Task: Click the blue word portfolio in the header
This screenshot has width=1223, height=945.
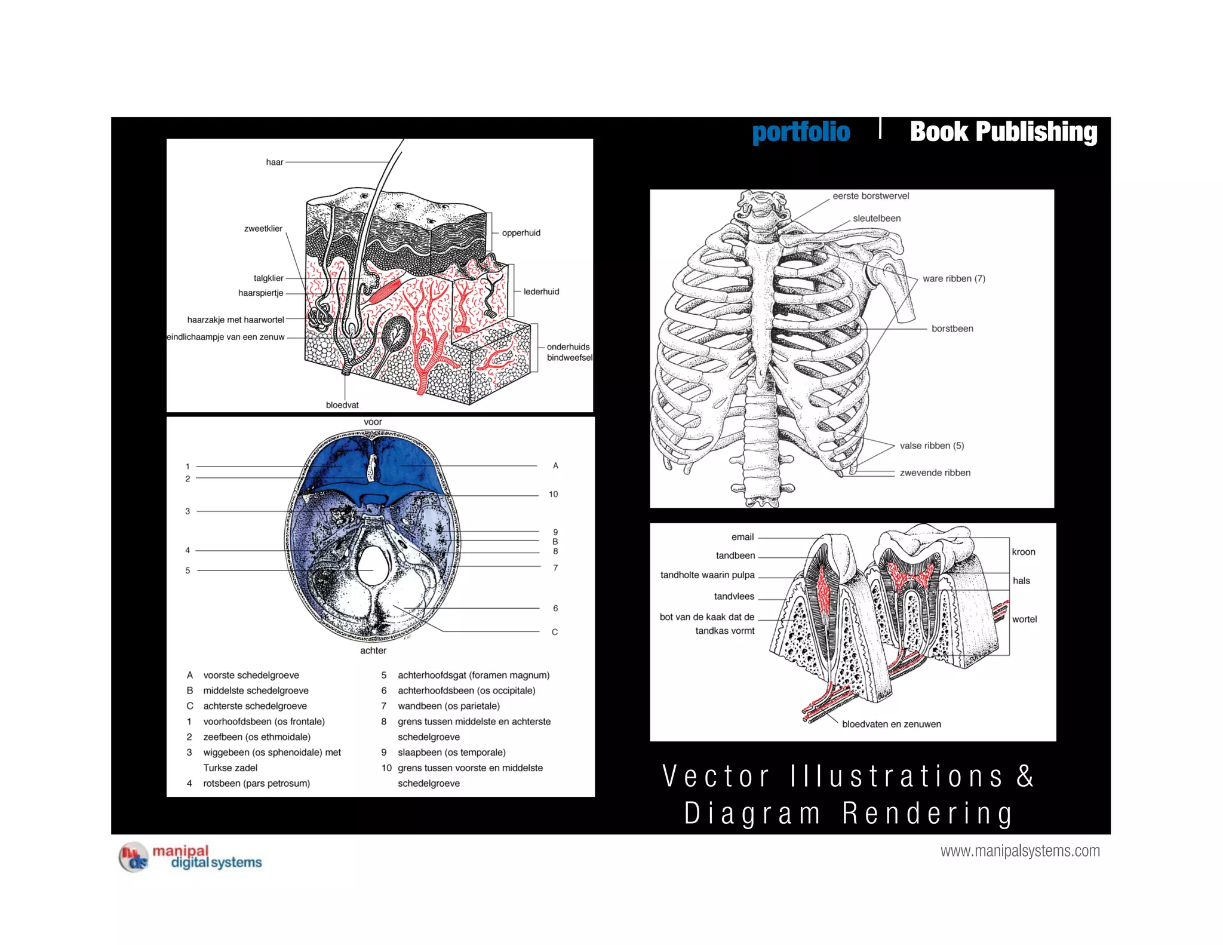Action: point(800,132)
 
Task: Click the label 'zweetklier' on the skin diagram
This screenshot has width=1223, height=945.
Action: point(263,229)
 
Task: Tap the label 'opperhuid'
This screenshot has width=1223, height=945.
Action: point(521,233)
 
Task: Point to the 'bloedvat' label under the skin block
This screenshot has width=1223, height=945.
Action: point(342,405)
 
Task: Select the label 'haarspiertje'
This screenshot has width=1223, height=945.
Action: point(260,293)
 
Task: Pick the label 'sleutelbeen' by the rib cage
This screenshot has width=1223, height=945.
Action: point(876,219)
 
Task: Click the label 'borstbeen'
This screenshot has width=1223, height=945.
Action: point(952,329)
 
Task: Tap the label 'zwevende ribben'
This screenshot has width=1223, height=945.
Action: point(935,473)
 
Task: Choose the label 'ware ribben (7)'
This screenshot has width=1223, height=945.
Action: point(954,279)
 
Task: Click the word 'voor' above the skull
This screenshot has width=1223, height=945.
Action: point(373,422)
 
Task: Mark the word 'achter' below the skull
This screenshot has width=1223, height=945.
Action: point(373,651)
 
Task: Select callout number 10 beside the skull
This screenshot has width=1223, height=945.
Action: point(554,495)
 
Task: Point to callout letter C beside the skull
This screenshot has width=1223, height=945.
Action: point(555,632)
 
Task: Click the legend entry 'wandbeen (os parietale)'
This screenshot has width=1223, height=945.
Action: point(448,706)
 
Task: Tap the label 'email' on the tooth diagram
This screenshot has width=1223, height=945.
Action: point(742,537)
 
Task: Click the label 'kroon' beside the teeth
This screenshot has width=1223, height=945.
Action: point(1024,552)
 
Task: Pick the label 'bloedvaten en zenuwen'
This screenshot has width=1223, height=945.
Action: point(891,724)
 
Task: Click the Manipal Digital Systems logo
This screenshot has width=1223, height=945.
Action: point(190,857)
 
